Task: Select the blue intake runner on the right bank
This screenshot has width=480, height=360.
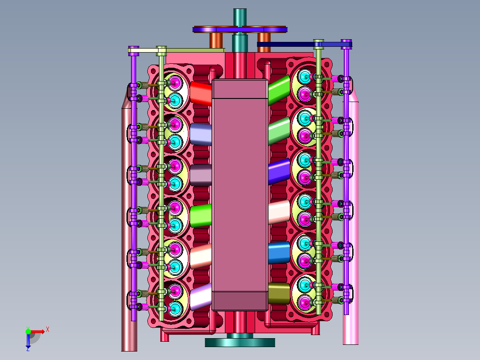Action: (279, 253)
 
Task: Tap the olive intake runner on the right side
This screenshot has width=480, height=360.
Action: (279, 293)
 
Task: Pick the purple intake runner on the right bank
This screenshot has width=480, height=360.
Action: (279, 172)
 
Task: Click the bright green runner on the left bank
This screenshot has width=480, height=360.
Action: (201, 216)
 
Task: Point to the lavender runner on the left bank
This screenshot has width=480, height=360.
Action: (201, 134)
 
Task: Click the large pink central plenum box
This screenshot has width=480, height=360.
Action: (240, 195)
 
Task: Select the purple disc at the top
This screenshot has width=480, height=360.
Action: (240, 29)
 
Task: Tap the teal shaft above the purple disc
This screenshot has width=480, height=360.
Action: (240, 17)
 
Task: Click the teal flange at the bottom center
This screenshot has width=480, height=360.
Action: (240, 342)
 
